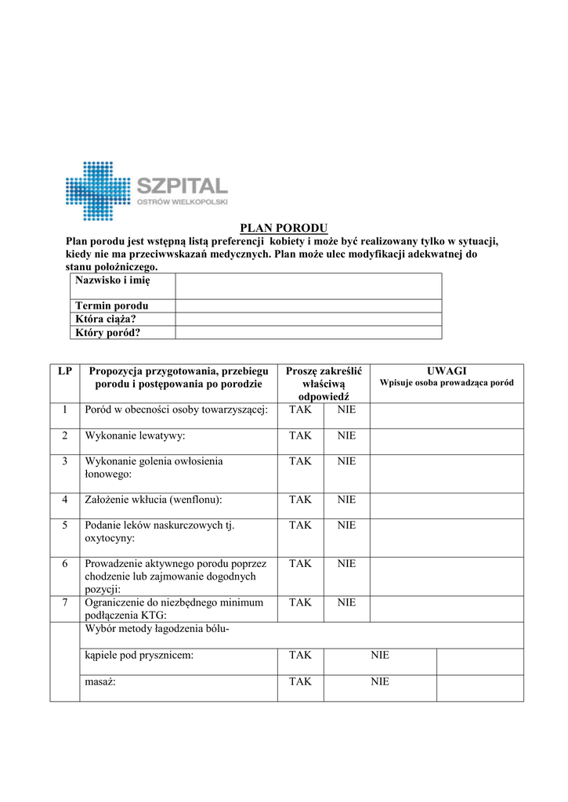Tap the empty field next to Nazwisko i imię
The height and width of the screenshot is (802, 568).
pyautogui.click(x=308, y=285)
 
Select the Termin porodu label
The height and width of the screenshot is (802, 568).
pyautogui.click(x=112, y=305)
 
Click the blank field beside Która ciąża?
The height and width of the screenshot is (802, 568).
pyautogui.click(x=308, y=319)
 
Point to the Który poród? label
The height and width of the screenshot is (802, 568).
pyautogui.click(x=107, y=332)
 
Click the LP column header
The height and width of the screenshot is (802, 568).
pyautogui.click(x=64, y=370)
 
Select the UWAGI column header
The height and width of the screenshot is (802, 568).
pyautogui.click(x=447, y=370)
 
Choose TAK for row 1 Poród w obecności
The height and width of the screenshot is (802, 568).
pyautogui.click(x=300, y=410)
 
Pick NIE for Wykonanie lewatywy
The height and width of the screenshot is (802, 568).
pyautogui.click(x=346, y=435)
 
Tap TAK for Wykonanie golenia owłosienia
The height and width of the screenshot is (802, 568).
pyautogui.click(x=300, y=461)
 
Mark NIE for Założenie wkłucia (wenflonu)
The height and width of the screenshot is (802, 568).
pyautogui.click(x=346, y=500)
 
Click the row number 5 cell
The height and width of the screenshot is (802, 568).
pyautogui.click(x=65, y=526)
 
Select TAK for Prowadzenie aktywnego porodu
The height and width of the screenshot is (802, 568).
pyautogui.click(x=300, y=564)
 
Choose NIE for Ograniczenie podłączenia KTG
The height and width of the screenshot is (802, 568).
pyautogui.click(x=346, y=602)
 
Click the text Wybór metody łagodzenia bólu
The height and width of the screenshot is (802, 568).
pyautogui.click(x=157, y=629)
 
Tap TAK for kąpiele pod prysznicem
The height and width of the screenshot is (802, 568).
pyautogui.click(x=300, y=656)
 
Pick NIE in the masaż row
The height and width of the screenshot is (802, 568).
pyautogui.click(x=380, y=682)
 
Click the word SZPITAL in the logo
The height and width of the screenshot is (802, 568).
pyautogui.click(x=182, y=186)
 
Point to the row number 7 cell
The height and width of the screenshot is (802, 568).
pyautogui.click(x=65, y=602)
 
